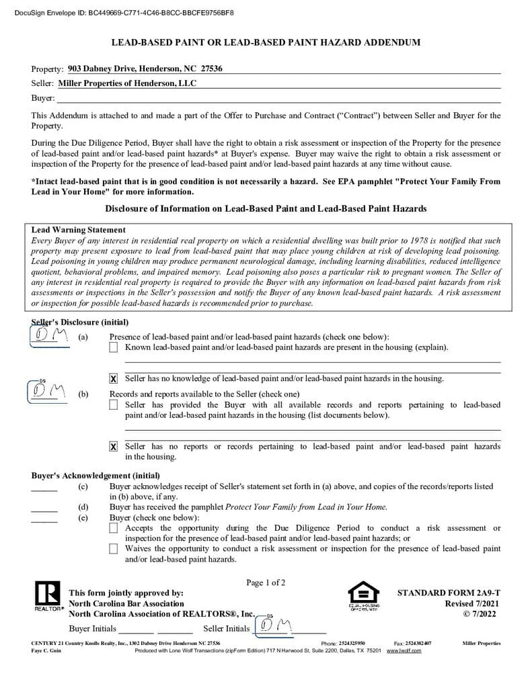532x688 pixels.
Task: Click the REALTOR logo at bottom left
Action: [46, 595]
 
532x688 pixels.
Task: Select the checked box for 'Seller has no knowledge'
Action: [114, 379]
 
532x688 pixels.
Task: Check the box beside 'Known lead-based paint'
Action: [114, 347]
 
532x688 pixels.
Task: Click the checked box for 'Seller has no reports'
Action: [114, 447]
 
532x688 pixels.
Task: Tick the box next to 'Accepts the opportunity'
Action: [114, 528]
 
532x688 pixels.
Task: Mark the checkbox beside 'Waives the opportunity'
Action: [114, 549]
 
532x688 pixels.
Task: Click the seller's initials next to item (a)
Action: [51, 335]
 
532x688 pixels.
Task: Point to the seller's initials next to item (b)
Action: [48, 390]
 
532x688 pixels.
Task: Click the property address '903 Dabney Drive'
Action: [145, 69]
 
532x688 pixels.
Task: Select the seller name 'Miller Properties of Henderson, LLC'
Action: [127, 83]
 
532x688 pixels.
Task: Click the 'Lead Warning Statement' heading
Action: [78, 230]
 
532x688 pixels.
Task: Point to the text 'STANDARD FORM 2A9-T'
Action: [449, 593]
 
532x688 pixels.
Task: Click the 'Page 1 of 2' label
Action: [266, 583]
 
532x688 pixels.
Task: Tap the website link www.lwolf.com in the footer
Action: [404, 651]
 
